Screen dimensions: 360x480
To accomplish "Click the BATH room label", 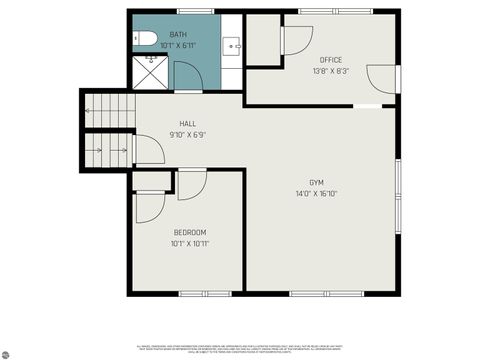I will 178,35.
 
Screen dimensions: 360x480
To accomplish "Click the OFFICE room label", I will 330,60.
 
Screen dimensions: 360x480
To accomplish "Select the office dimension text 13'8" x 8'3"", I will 330,71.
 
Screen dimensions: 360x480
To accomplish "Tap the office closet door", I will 296,40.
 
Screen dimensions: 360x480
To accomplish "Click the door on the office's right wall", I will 382,79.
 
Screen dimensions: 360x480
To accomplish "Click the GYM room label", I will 315,183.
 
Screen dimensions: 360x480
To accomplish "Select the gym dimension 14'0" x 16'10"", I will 315,194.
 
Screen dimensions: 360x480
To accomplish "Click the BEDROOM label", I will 190,232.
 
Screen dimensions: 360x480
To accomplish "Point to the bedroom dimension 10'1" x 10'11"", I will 190,243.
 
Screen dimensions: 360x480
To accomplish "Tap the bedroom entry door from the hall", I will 192,184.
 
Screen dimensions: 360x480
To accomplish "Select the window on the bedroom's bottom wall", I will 190,293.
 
